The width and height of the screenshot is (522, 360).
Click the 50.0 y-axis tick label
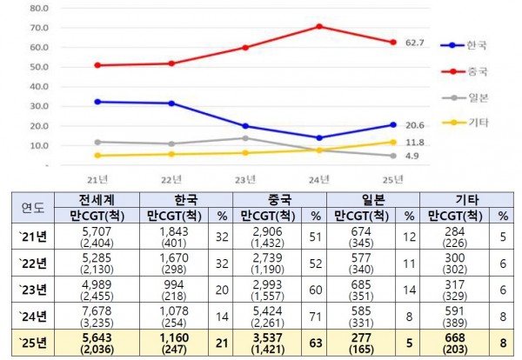coord(39,67)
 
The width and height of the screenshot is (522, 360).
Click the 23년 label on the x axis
coord(246,179)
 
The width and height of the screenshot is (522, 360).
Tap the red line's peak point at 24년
coord(319,26)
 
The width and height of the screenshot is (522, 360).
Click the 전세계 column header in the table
coord(94,199)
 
